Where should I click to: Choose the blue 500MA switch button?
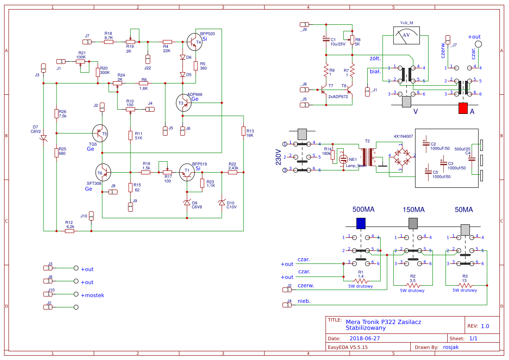(360, 223)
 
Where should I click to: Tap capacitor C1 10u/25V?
(326, 40)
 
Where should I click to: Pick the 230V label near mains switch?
(278, 157)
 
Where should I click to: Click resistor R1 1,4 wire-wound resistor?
(361, 280)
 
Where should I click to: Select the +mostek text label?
(93, 295)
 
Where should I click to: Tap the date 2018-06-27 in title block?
(365, 338)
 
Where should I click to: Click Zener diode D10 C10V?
(222, 203)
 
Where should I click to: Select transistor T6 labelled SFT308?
(103, 173)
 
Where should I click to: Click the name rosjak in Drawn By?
(450, 347)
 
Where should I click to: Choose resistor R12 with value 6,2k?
(70, 231)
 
